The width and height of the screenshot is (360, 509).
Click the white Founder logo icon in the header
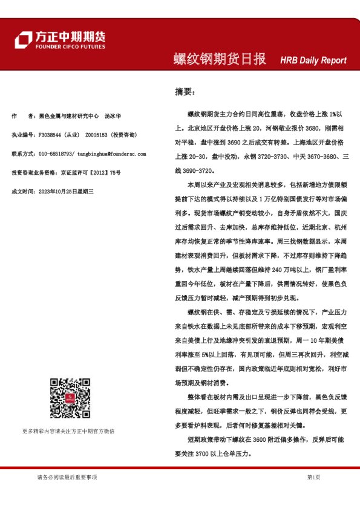click(23, 40)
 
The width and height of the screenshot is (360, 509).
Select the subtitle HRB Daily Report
click(313, 60)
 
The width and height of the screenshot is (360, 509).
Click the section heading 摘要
click(185, 92)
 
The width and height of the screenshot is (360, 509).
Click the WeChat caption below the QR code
click(68, 431)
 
